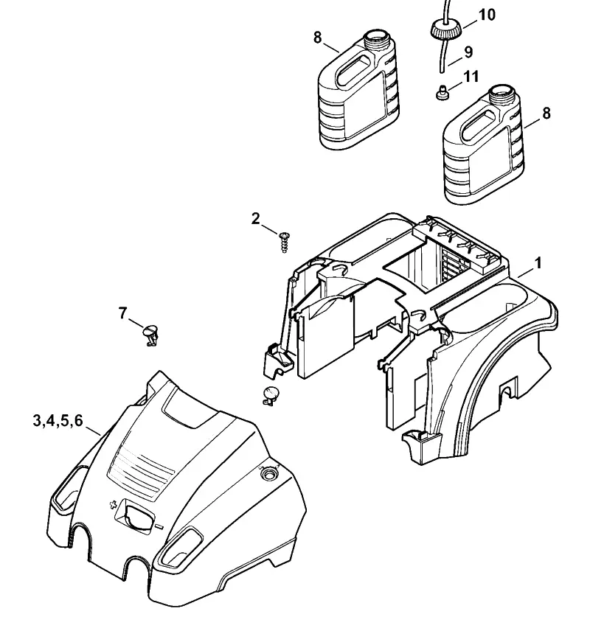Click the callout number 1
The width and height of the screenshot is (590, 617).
pos(538,263)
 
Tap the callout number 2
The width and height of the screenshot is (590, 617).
pos(256,218)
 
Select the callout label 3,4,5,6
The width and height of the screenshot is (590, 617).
pos(58,421)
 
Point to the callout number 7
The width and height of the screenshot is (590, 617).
pos(123,313)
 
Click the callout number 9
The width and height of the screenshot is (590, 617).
pos(468,52)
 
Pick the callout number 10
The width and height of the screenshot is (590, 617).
pos(487,15)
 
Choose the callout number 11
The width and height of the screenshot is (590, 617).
pos(471,77)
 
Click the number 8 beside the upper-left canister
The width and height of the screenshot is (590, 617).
pos(317,38)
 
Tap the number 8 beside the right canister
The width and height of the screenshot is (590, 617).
pos(546,114)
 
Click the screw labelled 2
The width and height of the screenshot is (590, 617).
pos(284,243)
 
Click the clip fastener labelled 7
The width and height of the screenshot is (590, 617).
pos(150,334)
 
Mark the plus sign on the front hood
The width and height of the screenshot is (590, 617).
pos(114,505)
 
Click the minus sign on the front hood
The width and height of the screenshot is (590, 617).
pos(159,526)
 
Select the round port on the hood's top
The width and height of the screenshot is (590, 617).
pos(270,473)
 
